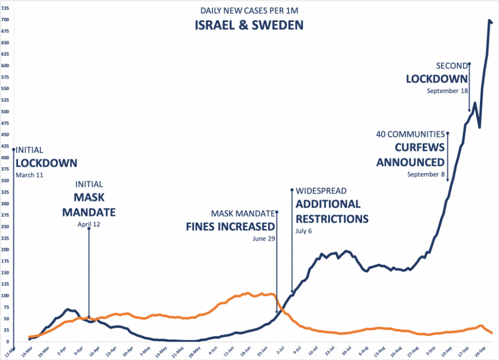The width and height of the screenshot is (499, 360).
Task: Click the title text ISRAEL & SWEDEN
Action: [249, 25]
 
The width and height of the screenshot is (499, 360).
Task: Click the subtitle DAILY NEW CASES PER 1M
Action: [249, 10]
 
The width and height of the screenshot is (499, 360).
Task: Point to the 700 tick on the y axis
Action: [5, 20]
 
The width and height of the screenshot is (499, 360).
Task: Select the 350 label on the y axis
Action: [5, 181]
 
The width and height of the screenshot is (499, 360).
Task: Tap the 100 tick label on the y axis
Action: [5, 295]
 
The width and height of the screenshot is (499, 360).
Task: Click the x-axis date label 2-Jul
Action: [281, 350]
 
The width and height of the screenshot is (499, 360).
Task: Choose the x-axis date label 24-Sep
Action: [484, 350]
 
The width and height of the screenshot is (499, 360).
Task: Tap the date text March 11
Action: [29, 175]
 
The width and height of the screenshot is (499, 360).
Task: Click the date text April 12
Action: [88, 224]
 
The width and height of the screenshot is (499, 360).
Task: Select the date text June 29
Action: [263, 238]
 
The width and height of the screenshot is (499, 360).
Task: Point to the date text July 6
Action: [303, 231]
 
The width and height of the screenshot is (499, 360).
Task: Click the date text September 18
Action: [447, 91]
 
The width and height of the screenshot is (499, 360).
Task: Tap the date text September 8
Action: [425, 174]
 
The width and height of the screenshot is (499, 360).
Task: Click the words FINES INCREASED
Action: [230, 226]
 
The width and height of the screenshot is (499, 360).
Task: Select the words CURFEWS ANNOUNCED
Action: [410, 155]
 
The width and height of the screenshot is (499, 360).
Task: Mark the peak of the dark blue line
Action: [489, 20]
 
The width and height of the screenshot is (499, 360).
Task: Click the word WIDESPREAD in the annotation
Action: [321, 191]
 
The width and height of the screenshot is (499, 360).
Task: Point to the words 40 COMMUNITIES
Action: [410, 134]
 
